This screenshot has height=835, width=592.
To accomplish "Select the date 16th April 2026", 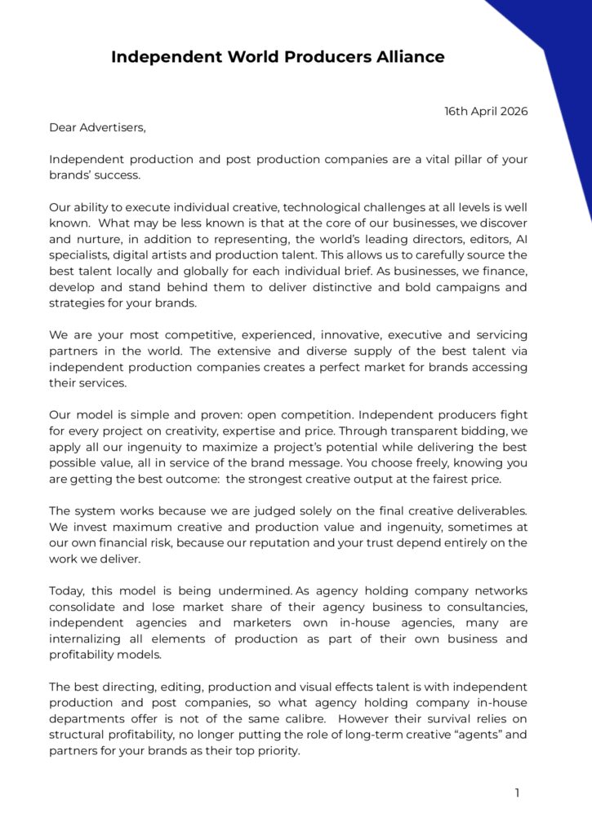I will coord(486,111).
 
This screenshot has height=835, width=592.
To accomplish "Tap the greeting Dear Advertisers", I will coord(97,127).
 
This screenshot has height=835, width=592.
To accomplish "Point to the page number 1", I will coord(517,792).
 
